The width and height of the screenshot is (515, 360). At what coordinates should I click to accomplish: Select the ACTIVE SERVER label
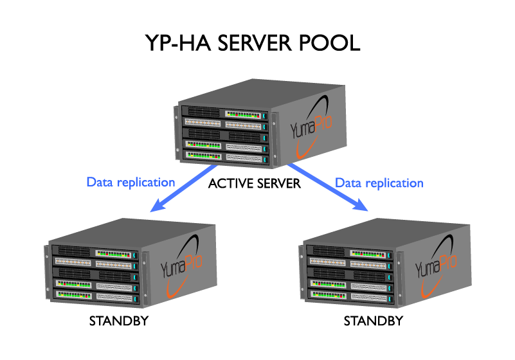[x=255, y=184]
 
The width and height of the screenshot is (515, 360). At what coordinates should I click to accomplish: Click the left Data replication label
[x=131, y=182]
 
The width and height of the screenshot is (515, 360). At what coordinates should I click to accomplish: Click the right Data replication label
[x=379, y=183]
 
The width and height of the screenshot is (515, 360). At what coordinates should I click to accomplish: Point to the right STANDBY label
[x=374, y=320]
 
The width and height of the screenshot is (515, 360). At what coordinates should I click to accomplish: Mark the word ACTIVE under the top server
[x=229, y=184]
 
